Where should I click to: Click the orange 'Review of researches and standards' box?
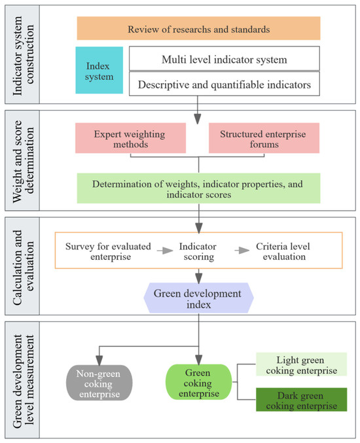[198, 28]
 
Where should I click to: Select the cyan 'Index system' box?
[99, 70]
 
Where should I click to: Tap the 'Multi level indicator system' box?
[225, 58]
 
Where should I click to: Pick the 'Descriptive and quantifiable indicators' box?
[225, 84]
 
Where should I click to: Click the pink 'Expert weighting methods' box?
[130, 138]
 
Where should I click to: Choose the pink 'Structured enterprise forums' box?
[264, 138]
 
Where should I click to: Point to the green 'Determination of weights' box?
[198, 188]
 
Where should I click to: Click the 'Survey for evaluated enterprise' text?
[108, 251]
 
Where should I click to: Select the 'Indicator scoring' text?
[198, 251]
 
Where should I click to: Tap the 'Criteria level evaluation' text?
[283, 251]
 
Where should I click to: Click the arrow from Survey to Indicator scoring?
[165, 251]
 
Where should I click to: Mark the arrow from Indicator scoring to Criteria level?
[242, 251]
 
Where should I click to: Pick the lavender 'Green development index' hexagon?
[198, 298]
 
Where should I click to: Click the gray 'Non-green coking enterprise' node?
[99, 383]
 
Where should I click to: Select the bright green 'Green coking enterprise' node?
[198, 382]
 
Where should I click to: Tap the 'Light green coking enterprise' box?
[302, 364]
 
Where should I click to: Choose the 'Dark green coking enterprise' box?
[302, 400]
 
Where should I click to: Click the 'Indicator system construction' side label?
[23, 54]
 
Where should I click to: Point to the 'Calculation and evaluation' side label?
[23, 267]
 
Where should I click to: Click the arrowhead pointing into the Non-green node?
[99, 360]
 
